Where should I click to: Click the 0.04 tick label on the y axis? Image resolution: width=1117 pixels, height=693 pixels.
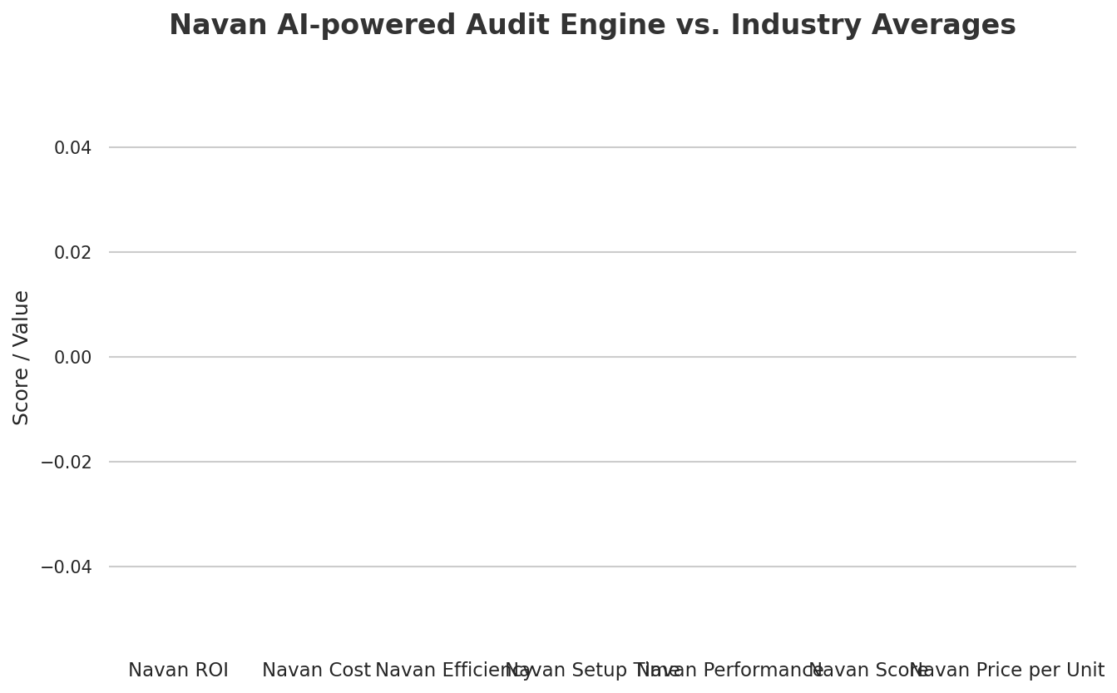click(x=72, y=148)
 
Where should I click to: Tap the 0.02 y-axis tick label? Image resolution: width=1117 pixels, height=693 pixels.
click(x=72, y=253)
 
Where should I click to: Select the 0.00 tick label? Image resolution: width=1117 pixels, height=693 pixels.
click(x=72, y=358)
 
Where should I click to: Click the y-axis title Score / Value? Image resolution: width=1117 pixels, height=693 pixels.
click(x=22, y=357)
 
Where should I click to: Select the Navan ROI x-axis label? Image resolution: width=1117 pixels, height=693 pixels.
click(x=178, y=671)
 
